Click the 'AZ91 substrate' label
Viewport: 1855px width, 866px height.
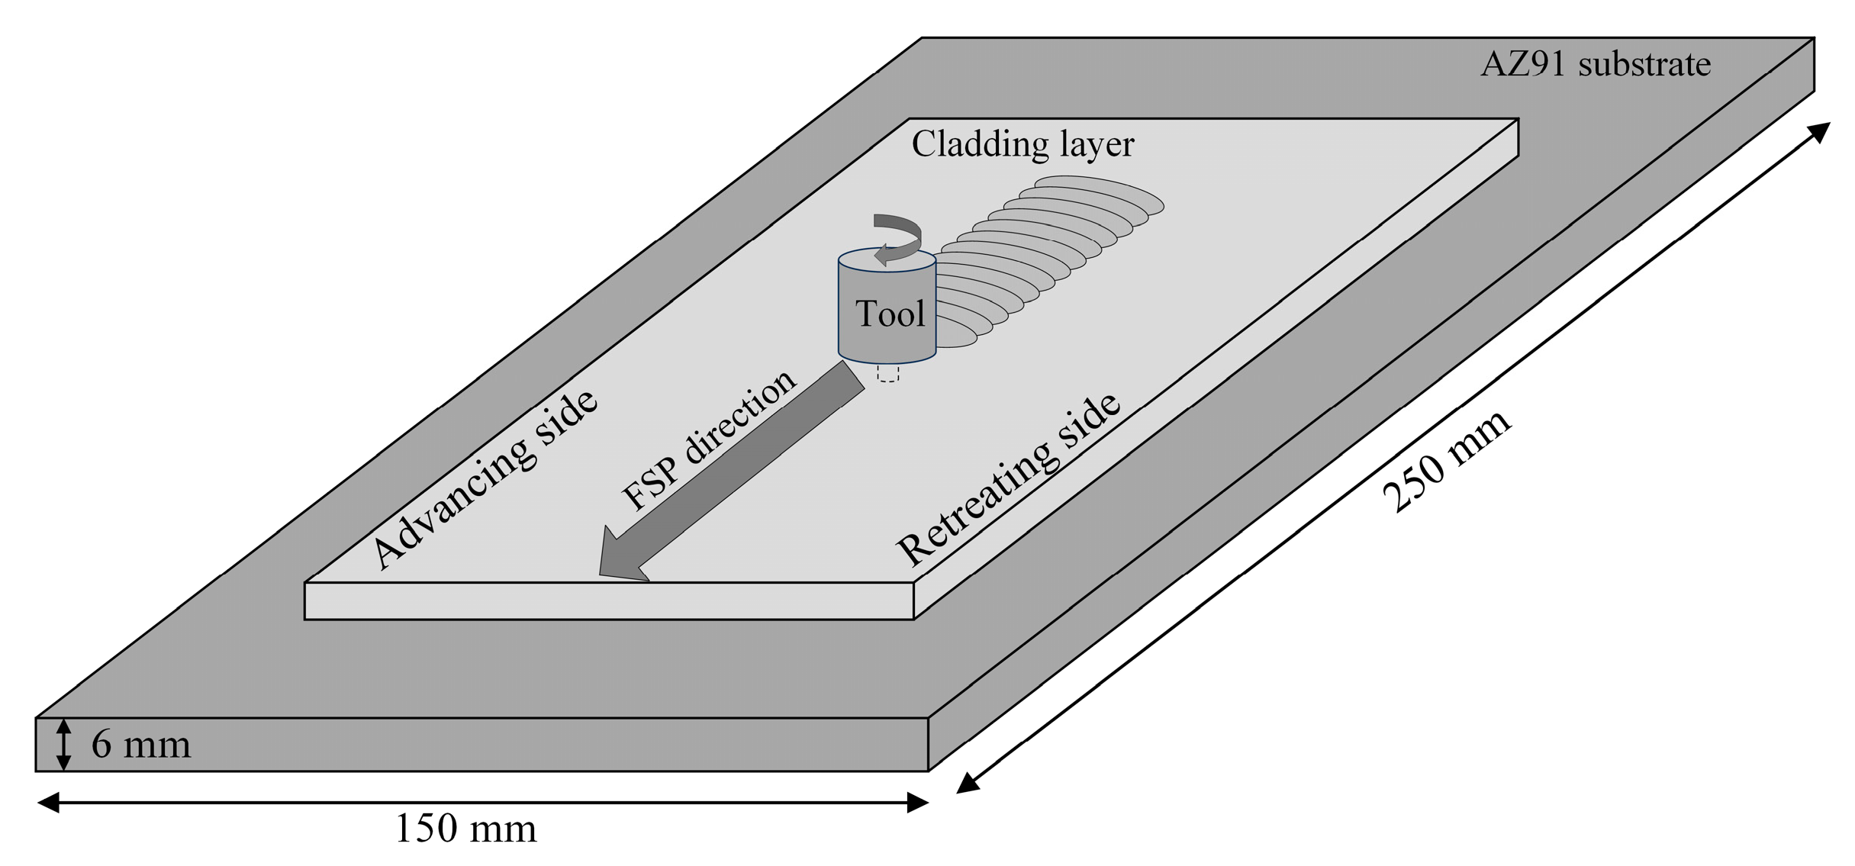tap(1595, 65)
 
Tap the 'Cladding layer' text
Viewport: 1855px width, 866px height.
tap(1023, 144)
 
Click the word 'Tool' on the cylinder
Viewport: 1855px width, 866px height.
tap(889, 314)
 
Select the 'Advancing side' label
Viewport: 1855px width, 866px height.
tap(485, 480)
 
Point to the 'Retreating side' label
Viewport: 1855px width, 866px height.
tap(1008, 481)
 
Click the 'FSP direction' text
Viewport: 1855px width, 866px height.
tap(709, 440)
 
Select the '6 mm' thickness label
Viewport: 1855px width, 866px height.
tap(140, 745)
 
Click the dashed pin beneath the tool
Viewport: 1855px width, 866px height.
tap(887, 373)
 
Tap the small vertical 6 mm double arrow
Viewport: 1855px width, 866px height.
tap(64, 745)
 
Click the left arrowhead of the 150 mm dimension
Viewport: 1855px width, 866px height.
tap(47, 803)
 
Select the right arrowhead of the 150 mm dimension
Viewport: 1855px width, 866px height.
tap(917, 803)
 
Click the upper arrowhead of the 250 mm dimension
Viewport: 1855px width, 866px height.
tap(1821, 131)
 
